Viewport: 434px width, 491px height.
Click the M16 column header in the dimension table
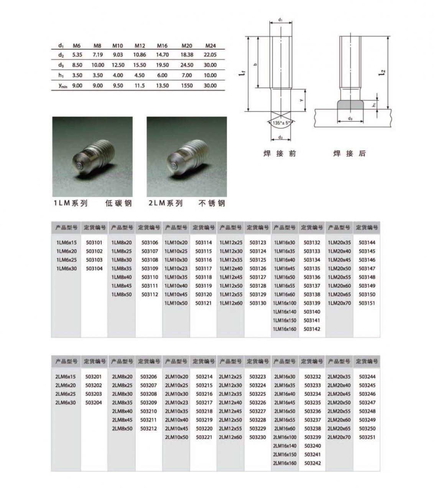(x=162, y=46)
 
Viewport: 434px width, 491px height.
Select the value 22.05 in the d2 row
(x=210, y=55)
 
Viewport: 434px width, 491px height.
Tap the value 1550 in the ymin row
(x=187, y=86)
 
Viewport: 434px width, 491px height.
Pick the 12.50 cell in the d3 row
(x=118, y=65)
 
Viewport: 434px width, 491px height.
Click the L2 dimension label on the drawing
(x=383, y=72)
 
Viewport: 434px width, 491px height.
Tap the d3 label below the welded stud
(x=350, y=119)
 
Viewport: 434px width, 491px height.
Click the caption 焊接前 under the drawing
(x=280, y=153)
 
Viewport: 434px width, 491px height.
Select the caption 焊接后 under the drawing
(x=349, y=153)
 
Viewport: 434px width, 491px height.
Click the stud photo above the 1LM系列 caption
(x=92, y=157)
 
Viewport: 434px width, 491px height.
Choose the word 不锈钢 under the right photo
(x=212, y=203)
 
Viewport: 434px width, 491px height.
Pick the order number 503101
(x=94, y=242)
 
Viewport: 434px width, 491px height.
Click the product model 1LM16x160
(x=284, y=329)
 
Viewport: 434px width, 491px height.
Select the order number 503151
(x=367, y=303)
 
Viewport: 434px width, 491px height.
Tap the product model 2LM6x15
(x=66, y=377)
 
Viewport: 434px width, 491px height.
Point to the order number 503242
(x=312, y=463)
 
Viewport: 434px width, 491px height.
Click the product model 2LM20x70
(x=339, y=437)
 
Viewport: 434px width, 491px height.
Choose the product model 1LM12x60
(x=231, y=303)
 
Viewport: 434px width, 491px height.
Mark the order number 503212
(x=149, y=428)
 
